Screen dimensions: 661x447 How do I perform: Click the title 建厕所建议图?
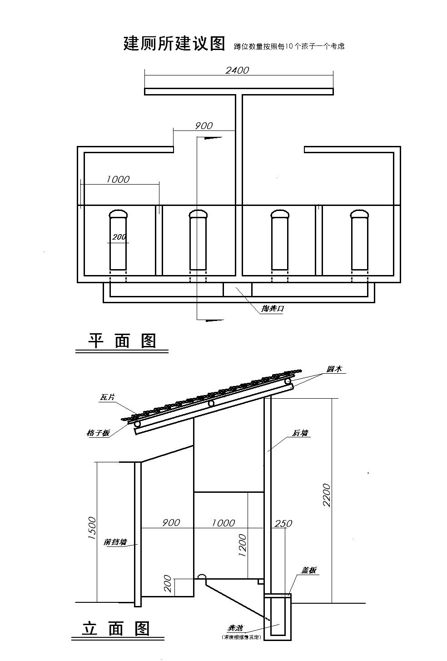coord(174,44)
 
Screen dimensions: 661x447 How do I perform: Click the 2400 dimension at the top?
coord(237,70)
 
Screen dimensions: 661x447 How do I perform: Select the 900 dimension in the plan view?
coord(204,126)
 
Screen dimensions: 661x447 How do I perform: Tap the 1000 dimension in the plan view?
coord(118,180)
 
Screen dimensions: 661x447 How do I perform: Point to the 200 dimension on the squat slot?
coord(119,237)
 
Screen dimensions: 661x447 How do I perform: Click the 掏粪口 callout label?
coord(272,309)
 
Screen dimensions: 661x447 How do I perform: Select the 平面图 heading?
coord(122,341)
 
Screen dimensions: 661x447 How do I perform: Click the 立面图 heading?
coord(116,629)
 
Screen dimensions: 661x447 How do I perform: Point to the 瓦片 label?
coord(107,397)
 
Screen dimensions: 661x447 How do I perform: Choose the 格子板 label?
coord(98,433)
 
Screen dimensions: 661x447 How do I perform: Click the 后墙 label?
coord(300,433)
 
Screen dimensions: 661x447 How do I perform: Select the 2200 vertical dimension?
coord(326,495)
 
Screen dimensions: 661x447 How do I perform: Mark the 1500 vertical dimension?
coord(92,528)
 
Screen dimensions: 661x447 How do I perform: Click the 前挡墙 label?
coord(115,542)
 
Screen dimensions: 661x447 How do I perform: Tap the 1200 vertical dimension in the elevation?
coord(242,546)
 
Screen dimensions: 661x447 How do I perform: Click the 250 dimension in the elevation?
coord(283,524)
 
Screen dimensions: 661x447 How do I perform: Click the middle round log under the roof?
coord(211,403)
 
